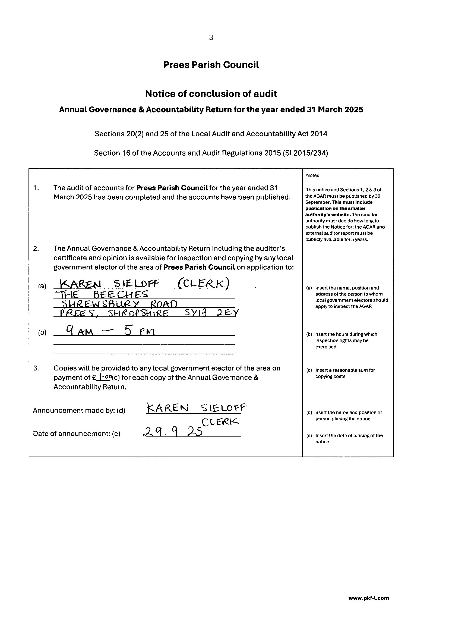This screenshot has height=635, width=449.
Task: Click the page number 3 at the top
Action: coord(211,37)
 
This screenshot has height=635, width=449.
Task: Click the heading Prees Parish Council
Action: coord(211,65)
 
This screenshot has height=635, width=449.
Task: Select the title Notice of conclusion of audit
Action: coord(211,94)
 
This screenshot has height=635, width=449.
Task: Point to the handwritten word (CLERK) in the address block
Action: coord(203,284)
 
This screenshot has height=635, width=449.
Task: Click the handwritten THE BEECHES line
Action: coord(102,294)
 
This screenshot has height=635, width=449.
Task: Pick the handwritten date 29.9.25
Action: coord(173,431)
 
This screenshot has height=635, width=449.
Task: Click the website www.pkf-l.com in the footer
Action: coord(369,606)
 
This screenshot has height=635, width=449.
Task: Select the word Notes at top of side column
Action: coord(312,175)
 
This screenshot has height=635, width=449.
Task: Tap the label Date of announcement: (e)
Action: coord(77,434)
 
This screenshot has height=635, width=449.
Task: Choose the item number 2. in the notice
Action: coord(36,248)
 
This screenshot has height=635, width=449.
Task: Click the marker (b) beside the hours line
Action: coord(42,332)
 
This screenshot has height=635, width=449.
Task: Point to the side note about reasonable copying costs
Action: coord(345,373)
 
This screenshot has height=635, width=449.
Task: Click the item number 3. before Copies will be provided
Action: coord(36,368)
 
